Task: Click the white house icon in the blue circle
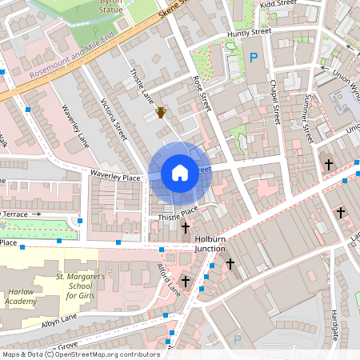point(179,172)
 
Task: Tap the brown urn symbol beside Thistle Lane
point(161,112)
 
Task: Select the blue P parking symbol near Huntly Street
point(254,57)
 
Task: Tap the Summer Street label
point(303,113)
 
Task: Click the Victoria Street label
point(114,119)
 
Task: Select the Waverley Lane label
point(74,128)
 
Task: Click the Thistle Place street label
point(178,212)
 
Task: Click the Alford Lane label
point(169,279)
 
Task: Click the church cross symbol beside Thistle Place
point(186,228)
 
